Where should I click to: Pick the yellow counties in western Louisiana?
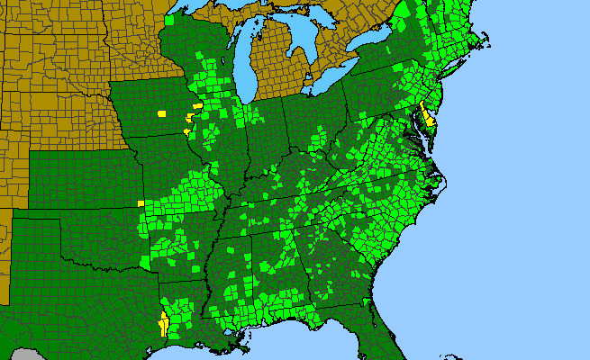164,322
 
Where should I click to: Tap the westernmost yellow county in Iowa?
162,114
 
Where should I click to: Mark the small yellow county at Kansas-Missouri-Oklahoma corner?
141,203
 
